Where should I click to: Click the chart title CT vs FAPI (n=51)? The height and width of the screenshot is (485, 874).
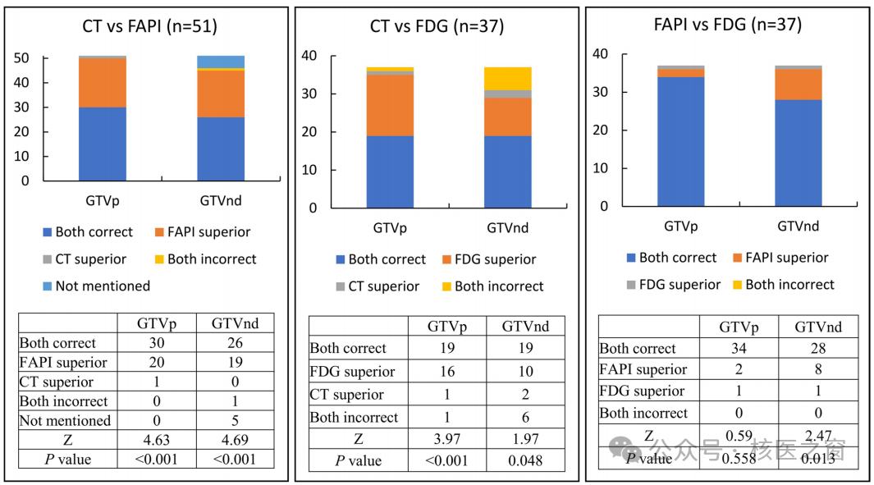149,25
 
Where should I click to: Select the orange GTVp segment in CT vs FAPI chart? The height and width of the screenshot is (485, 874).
103,83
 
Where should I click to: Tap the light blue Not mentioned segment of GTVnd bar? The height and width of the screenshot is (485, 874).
221,62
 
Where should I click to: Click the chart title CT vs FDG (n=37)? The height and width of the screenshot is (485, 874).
437,26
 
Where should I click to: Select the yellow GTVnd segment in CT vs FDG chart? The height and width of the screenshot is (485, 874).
508,79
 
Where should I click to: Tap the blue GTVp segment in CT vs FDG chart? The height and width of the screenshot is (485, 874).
390,172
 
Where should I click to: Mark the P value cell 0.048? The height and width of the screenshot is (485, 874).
525,460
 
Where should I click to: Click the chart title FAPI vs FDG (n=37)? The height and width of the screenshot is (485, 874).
727,25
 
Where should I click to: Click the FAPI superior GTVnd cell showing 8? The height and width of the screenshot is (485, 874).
818,369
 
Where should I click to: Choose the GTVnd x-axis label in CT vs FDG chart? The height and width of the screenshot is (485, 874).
508,227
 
